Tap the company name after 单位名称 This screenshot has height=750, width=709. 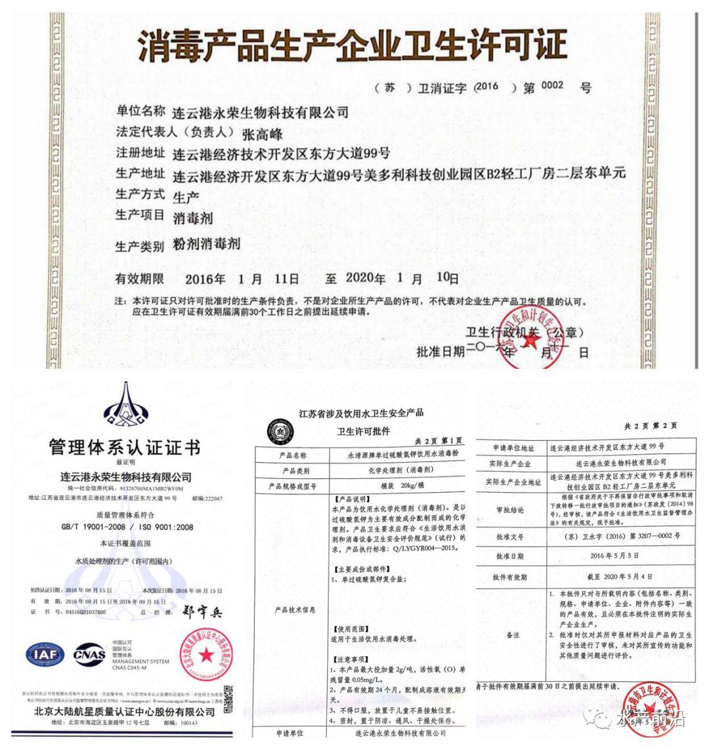click(x=261, y=112)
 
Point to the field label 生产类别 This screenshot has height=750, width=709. click(x=139, y=247)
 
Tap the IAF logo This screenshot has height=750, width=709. click(x=46, y=655)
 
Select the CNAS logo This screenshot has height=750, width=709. click(x=89, y=655)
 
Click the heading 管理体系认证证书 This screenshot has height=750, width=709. click(x=125, y=448)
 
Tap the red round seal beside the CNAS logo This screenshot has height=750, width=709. click(x=205, y=654)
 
